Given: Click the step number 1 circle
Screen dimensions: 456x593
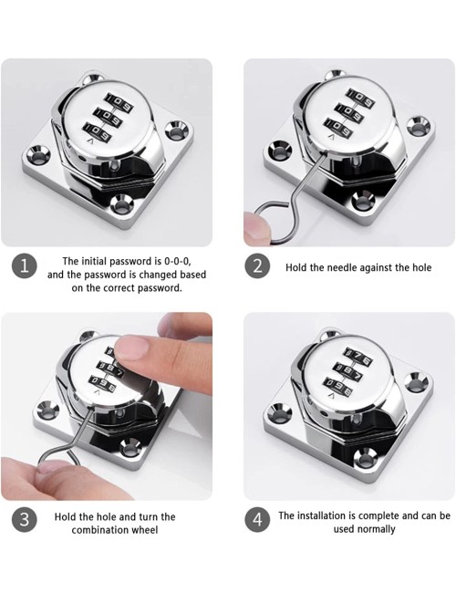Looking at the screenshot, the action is (25, 266).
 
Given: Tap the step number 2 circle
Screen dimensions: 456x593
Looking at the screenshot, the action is (257, 266).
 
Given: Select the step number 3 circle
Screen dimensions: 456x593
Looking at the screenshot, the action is (25, 519).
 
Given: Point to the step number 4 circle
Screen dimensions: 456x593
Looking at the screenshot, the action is (257, 519).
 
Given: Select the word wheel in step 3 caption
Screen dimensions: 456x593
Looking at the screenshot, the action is (145, 530).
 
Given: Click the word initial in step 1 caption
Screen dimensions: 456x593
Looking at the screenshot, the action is (91, 261).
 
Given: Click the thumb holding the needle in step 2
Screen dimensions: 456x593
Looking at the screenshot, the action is (257, 229).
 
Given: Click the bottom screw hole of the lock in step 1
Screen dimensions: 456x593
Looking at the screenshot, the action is (123, 206).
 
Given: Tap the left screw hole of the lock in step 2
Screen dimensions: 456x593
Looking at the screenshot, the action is (280, 151).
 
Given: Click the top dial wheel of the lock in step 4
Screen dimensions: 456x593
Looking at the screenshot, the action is (357, 356).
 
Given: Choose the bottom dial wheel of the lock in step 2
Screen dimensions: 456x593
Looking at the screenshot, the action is (337, 128).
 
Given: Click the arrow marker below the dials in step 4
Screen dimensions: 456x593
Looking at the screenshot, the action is (332, 396).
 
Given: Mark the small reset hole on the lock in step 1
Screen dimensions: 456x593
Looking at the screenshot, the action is (115, 165).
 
